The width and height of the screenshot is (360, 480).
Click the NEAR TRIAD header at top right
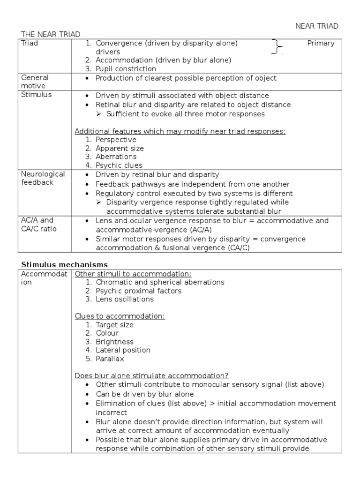coord(316,26)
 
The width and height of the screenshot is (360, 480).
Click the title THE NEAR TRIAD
coord(51,34)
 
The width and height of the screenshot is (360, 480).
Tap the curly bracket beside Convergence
coord(278,47)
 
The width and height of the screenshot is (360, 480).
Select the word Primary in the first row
coord(321,43)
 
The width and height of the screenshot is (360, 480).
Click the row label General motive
coord(35,82)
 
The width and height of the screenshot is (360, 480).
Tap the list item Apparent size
coord(120,148)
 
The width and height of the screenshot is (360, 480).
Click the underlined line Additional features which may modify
coord(180,131)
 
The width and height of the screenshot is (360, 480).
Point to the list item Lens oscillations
coord(124,299)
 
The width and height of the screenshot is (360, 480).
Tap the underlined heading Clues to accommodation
coord(120,316)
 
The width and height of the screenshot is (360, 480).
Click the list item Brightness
coord(114,342)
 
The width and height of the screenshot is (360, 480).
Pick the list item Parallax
coord(110,359)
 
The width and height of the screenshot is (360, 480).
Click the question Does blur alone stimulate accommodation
coord(151,376)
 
